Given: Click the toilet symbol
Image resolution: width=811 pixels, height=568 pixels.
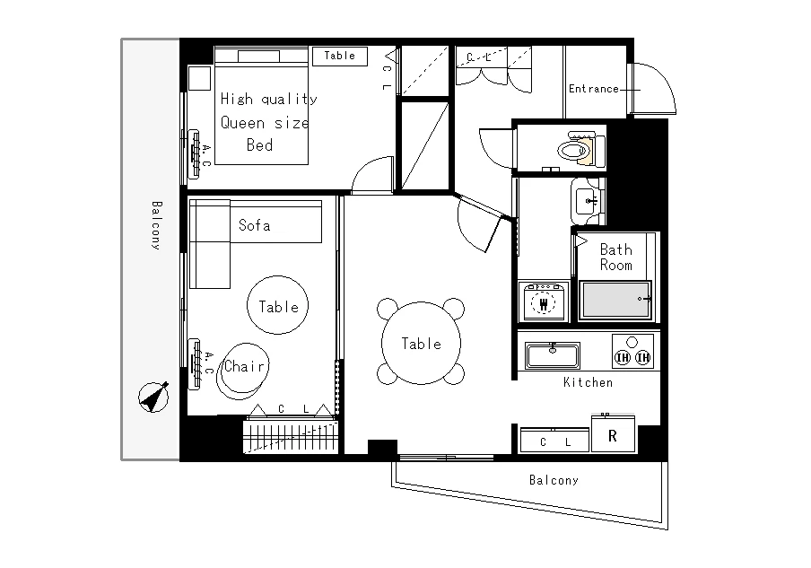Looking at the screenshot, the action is tap(580, 149).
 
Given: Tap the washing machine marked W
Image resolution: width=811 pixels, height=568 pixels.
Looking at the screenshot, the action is tap(543, 301).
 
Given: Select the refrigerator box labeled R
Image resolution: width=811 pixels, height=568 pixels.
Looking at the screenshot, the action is tap(613, 434).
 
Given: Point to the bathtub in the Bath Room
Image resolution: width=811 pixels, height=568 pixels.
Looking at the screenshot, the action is tap(615, 300).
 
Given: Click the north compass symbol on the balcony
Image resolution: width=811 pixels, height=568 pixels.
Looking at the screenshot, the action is tap(153, 398).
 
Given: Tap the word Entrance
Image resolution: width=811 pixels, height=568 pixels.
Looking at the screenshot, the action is tap(593, 89).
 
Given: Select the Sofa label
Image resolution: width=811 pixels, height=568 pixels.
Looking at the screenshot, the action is tap(254, 225).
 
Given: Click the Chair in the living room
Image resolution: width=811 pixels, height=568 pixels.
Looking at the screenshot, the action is tap(242, 371).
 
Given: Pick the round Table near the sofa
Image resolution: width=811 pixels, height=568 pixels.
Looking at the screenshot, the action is tap(278, 305).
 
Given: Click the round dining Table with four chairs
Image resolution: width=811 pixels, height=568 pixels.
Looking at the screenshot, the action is tap(421, 343).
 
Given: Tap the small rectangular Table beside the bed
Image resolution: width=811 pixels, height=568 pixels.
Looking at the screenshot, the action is tap(340, 56).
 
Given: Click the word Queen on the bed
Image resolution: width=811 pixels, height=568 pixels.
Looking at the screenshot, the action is tap(242, 123).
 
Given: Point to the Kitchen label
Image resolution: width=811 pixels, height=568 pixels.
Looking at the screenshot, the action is tap(588, 382).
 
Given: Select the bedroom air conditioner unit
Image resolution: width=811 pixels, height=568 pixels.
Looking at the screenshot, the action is tap(195, 153).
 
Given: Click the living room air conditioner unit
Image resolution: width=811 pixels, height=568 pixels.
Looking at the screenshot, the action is tap(195, 364).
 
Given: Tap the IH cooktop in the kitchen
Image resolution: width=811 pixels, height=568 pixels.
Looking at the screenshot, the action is tap(632, 351).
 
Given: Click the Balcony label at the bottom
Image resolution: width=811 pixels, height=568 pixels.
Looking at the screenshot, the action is tap(554, 480).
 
